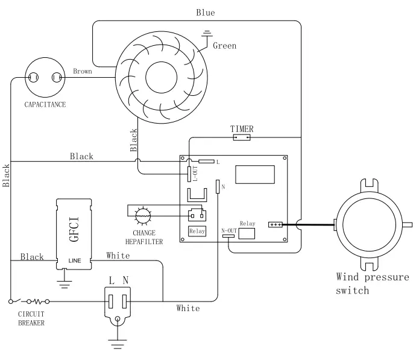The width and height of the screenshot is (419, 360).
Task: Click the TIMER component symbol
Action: point(242,137)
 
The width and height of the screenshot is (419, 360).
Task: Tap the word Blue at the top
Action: point(205,13)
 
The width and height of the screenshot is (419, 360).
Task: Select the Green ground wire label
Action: point(224,46)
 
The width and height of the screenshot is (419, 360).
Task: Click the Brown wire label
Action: point(83,71)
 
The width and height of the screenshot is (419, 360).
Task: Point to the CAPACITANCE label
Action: point(45,104)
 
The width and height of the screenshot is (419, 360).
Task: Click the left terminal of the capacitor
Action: point(33,78)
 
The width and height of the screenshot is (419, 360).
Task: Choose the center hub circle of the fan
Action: point(162,77)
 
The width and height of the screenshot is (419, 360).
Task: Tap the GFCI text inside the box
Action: point(74,229)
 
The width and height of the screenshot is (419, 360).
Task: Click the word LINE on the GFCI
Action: point(75,261)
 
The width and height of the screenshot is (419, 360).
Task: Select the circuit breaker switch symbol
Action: point(29,302)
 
